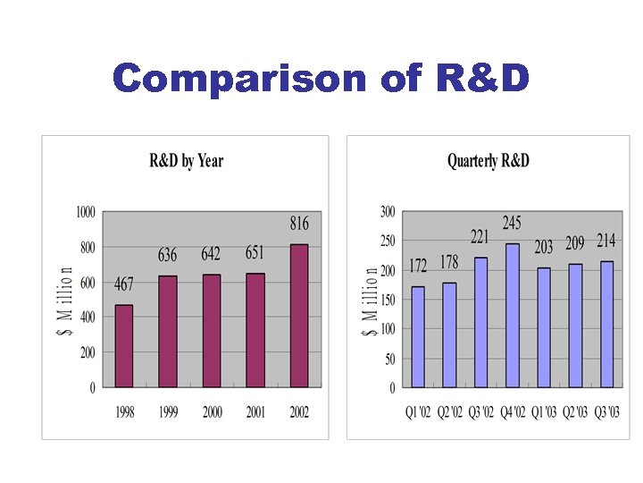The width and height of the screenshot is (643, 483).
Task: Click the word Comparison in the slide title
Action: point(240,79)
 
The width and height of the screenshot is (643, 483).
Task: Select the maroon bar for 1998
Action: point(124,346)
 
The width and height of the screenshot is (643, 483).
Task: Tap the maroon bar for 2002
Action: point(298,316)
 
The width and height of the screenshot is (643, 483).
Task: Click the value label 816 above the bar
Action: point(298,223)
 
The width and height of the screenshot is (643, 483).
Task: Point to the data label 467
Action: point(124,284)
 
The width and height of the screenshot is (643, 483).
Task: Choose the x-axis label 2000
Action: point(212,412)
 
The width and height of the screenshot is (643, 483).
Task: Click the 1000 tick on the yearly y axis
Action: point(86,212)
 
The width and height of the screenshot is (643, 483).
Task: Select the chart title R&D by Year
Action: point(186,161)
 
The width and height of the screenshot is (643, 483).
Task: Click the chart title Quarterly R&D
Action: point(488,161)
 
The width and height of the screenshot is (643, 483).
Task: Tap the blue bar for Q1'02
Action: point(418,337)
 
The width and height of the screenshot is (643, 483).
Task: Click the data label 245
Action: point(512,223)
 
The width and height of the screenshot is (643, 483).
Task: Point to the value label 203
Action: point(543,247)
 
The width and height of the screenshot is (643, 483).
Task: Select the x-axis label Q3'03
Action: point(607,412)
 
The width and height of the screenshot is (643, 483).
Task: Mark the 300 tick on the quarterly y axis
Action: point(387,212)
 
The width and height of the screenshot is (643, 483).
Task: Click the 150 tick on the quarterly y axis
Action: point(387,300)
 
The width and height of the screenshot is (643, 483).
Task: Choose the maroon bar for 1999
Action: point(168,332)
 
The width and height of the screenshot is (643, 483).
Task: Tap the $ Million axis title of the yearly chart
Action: point(66,300)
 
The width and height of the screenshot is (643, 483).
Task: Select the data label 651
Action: point(255,253)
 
